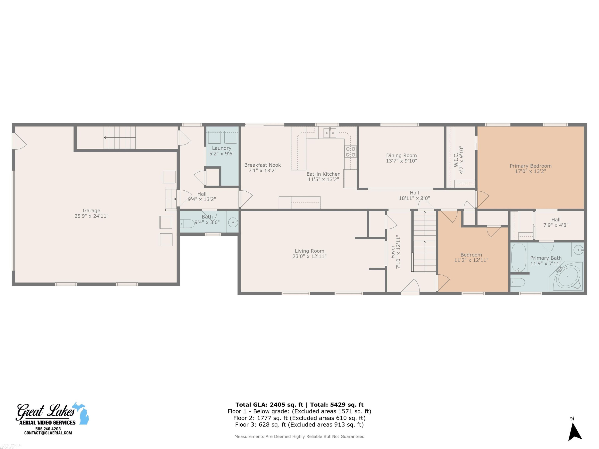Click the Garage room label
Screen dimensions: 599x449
pyautogui.click(x=91, y=211)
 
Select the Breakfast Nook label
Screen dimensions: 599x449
pyautogui.click(x=262, y=165)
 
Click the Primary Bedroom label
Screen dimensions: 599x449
pyautogui.click(x=531, y=166)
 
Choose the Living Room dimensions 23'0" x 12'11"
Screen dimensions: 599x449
pyautogui.click(x=309, y=256)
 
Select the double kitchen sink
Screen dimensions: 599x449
pyautogui.click(x=330, y=133)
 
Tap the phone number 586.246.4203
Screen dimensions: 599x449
pyautogui.click(x=48, y=429)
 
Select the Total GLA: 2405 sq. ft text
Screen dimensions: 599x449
pyautogui.click(x=269, y=405)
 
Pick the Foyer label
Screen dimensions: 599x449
pyautogui.click(x=393, y=251)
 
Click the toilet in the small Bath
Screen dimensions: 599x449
pyautogui.click(x=187, y=224)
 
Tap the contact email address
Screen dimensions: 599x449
pyautogui.click(x=48, y=433)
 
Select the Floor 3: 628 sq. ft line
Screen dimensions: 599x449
pyautogui.click(x=299, y=425)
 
